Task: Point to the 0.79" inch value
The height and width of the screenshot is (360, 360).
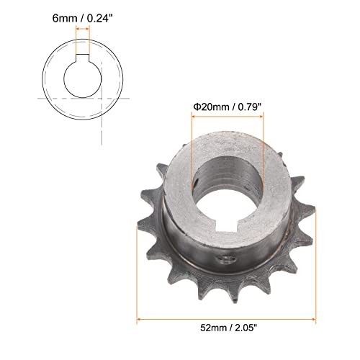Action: pos(248,106)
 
